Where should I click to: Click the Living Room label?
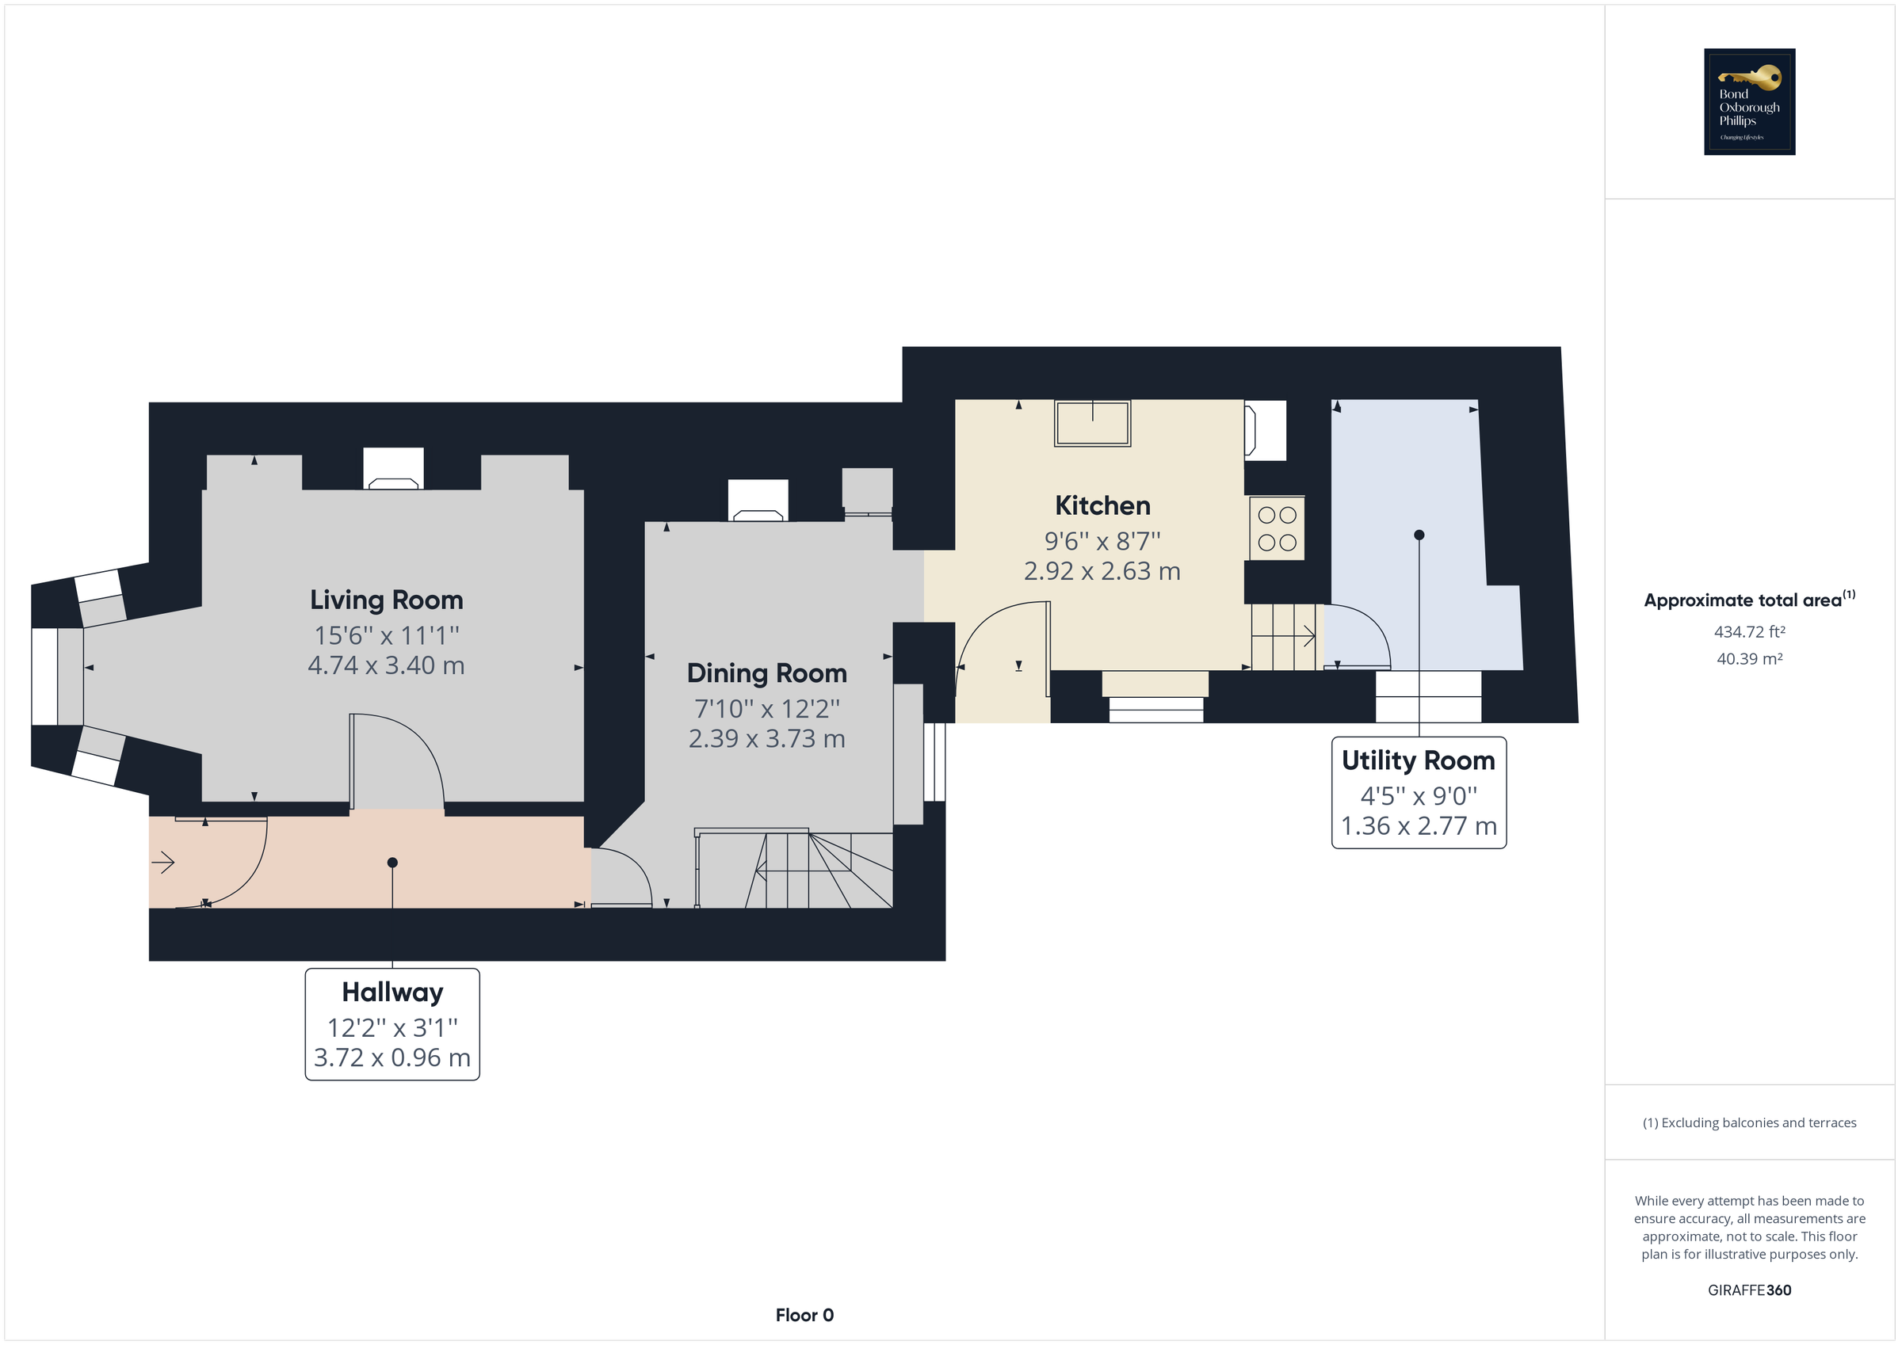pyautogui.click(x=386, y=600)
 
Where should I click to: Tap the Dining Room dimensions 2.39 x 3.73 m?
pyautogui.click(x=766, y=739)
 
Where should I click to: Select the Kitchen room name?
pyautogui.click(x=1102, y=505)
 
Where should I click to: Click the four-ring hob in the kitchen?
pyautogui.click(x=1277, y=528)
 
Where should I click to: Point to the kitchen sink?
pyautogui.click(x=1092, y=423)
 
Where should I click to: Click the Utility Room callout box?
pyautogui.click(x=1419, y=793)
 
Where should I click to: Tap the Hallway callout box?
pyautogui.click(x=391, y=1023)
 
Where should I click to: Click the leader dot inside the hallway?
pyautogui.click(x=392, y=863)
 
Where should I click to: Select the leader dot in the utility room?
pyautogui.click(x=1419, y=535)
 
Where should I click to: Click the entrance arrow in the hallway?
pyautogui.click(x=163, y=863)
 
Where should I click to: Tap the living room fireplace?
pyautogui.click(x=394, y=470)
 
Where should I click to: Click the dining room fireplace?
pyautogui.click(x=758, y=502)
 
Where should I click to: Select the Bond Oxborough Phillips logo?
pyautogui.click(x=1749, y=102)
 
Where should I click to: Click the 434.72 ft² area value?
pyautogui.click(x=1749, y=632)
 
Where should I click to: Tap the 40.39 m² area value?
pyautogui.click(x=1749, y=659)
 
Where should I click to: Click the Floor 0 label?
pyautogui.click(x=804, y=1315)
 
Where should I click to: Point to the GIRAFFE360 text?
pyautogui.click(x=1749, y=1290)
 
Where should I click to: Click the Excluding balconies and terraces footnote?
pyautogui.click(x=1749, y=1123)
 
